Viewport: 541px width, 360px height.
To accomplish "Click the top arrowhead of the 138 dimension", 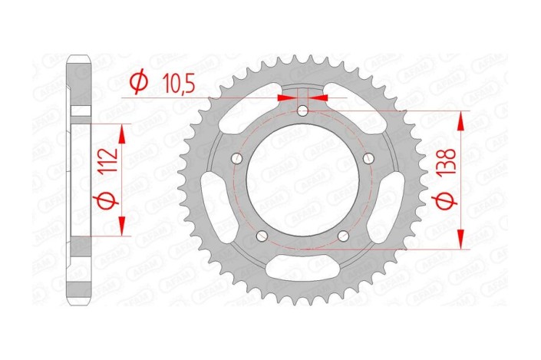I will [x=461, y=117].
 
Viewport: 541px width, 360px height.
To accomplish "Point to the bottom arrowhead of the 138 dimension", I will [x=461, y=242].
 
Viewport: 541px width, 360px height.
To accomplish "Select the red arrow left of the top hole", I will [x=287, y=97].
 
